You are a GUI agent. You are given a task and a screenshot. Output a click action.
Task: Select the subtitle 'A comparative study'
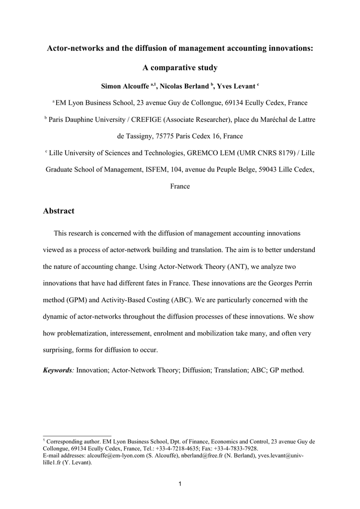point(180,67)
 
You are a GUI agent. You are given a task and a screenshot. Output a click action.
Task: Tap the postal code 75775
point(164,136)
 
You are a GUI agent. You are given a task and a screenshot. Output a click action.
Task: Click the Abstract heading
point(59,211)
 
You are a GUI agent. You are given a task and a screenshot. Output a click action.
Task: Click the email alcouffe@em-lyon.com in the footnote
point(116,455)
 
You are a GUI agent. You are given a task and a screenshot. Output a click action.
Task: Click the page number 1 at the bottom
point(180,485)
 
